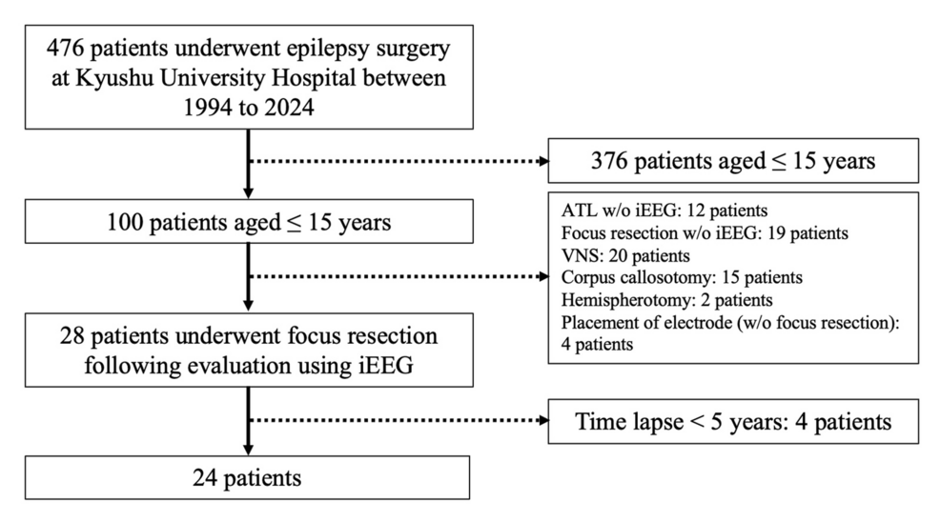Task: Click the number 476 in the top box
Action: [65, 49]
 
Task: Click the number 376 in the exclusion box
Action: [609, 161]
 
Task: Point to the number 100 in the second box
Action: [125, 222]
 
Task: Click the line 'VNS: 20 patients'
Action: [625, 256]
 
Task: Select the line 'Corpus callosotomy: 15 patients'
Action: [682, 278]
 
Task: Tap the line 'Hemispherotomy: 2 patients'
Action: [666, 300]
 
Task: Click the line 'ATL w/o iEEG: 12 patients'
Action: [664, 211]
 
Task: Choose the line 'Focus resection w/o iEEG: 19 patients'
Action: [705, 233]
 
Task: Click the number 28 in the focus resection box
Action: [72, 335]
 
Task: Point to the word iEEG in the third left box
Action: [386, 365]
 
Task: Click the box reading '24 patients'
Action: [247, 477]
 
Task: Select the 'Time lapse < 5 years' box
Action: [733, 421]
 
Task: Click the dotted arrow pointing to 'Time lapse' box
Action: [399, 420]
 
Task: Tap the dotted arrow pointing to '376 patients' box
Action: [399, 161]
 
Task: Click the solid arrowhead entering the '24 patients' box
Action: [248, 450]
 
